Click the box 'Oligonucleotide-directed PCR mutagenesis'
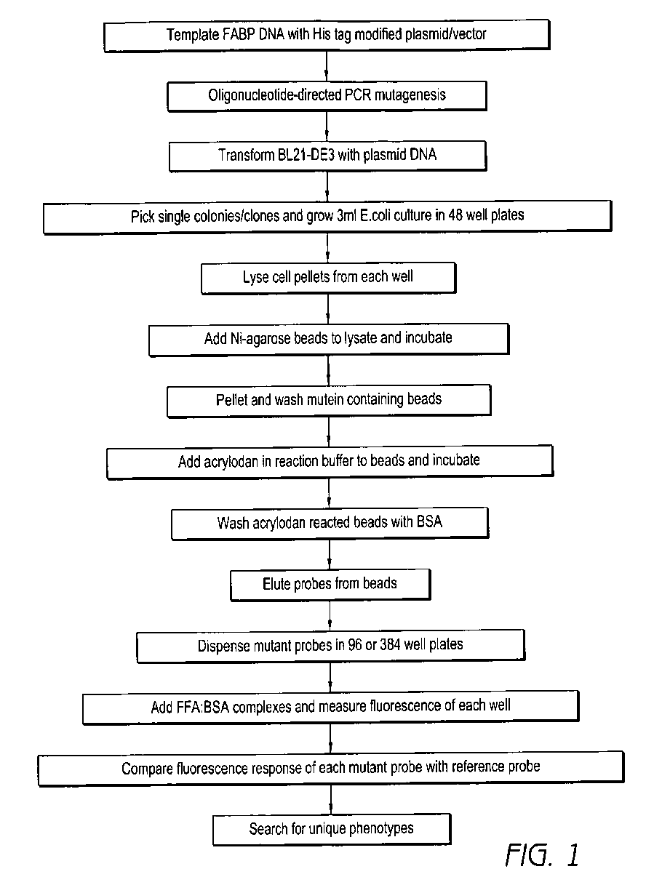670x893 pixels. tap(327, 95)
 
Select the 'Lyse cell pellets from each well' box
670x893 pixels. tap(328, 278)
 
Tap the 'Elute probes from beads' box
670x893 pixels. tap(330, 584)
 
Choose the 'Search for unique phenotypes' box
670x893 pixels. tap(332, 828)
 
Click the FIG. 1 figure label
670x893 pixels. tap(542, 855)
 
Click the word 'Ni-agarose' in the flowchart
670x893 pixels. tap(260, 339)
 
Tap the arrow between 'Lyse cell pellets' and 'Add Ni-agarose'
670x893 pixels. tap(329, 308)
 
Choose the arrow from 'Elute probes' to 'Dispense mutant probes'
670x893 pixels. tap(330, 615)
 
